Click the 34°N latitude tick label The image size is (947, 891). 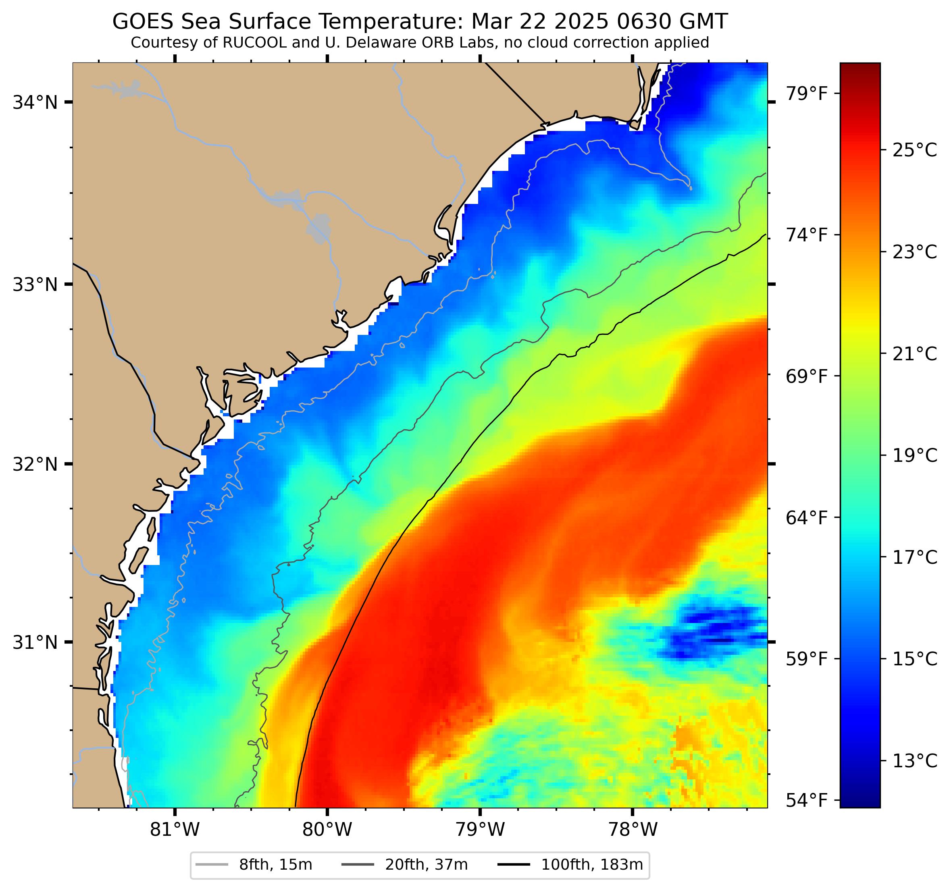35,102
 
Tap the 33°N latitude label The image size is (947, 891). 35,285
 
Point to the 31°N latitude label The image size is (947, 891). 35,642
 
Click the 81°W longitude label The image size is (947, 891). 175,830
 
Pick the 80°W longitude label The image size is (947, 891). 327,830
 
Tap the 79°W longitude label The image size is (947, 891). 480,830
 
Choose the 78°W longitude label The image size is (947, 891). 633,830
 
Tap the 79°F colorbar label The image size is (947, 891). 806,94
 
